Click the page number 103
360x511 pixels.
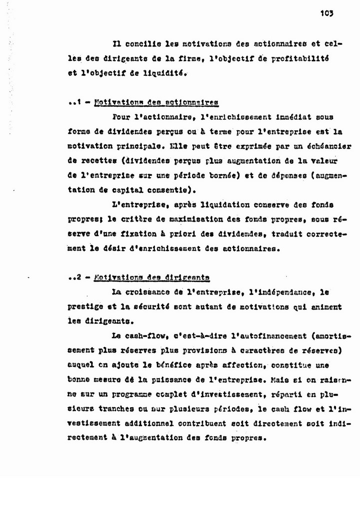pyautogui.click(x=327, y=14)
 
